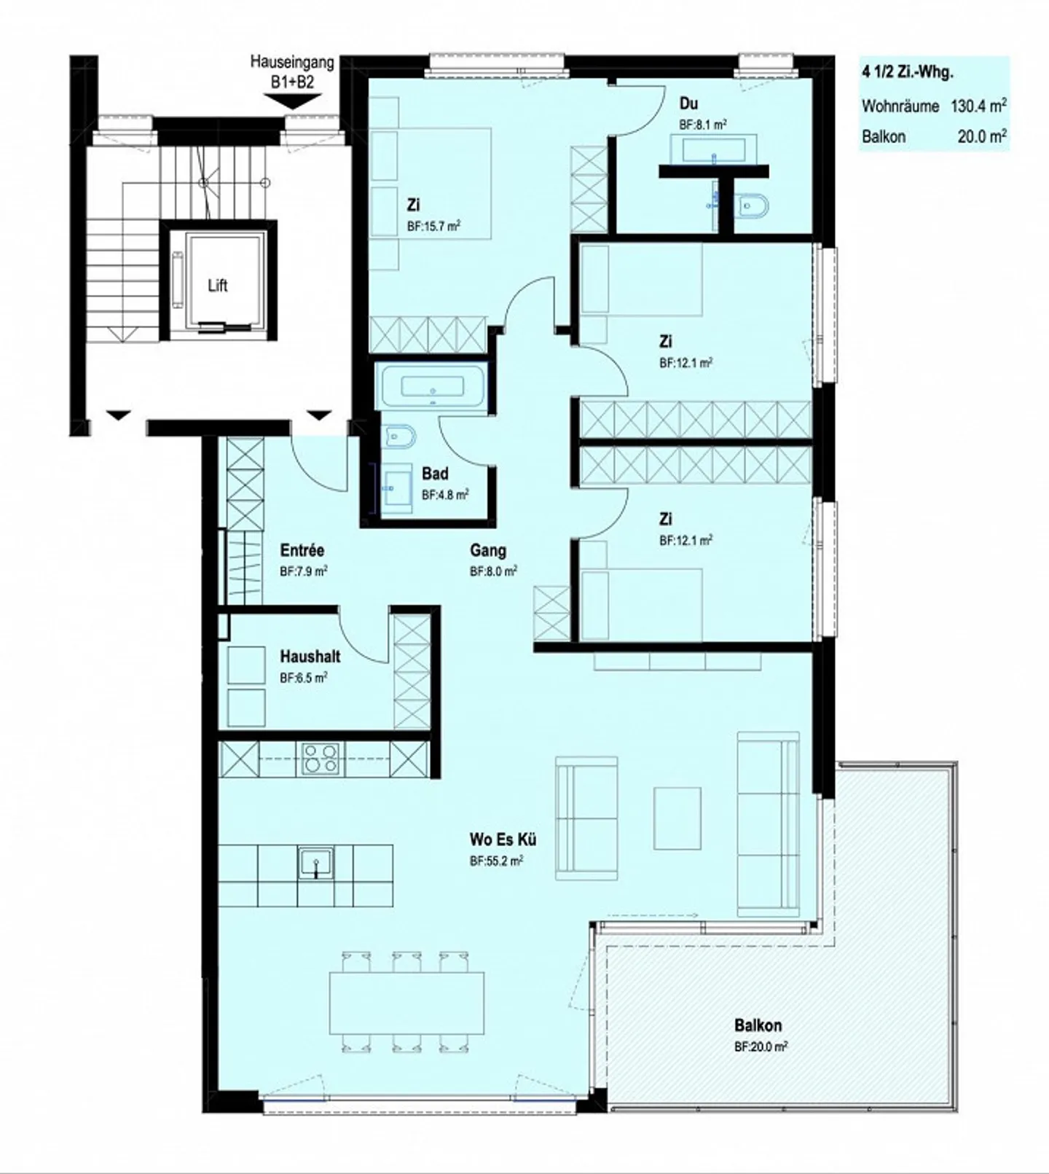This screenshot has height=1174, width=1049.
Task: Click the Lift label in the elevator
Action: click(x=218, y=286)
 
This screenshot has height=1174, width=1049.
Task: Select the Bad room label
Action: click(x=435, y=474)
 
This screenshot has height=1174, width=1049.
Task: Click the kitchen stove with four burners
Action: click(x=321, y=759)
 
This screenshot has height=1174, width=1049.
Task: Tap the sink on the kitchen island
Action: click(x=315, y=864)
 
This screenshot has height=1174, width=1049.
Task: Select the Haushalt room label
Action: click(x=310, y=657)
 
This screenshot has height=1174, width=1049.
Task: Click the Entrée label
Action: click(x=302, y=550)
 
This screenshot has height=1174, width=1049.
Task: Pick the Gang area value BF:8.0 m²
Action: click(x=494, y=571)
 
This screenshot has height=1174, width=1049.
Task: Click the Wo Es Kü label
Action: click(x=503, y=840)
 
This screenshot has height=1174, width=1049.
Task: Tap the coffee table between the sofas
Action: click(x=677, y=818)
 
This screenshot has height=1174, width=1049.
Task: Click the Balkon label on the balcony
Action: click(x=758, y=1025)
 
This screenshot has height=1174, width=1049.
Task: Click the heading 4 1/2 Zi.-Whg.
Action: click(x=908, y=72)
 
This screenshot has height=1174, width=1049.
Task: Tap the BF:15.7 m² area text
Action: click(x=434, y=227)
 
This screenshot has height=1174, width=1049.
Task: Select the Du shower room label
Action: click(x=688, y=104)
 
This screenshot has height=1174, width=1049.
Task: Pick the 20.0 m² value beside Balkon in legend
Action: click(x=982, y=136)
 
